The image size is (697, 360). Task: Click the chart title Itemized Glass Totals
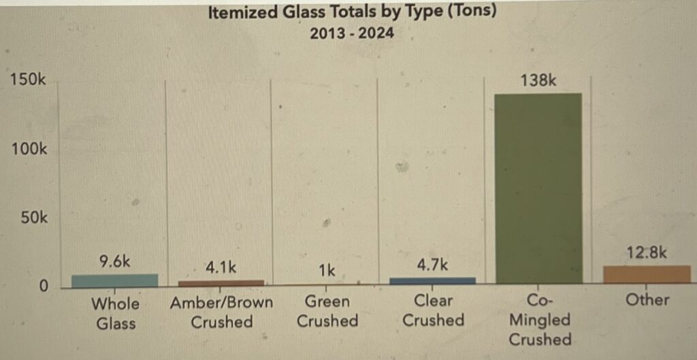tap(351, 12)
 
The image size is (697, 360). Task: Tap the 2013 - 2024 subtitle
tap(351, 33)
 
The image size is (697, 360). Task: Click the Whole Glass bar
tap(114, 280)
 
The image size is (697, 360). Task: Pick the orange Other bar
tap(647, 274)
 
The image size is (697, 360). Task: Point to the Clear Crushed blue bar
tap(433, 280)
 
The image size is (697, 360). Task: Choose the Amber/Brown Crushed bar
tap(221, 282)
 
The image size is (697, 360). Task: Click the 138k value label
tap(538, 80)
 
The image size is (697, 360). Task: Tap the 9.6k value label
tap(114, 261)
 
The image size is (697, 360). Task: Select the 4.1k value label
tap(221, 267)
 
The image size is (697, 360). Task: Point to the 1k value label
tap(327, 271)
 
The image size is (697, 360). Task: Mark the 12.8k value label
tap(647, 252)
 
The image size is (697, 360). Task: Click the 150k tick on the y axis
tap(29, 80)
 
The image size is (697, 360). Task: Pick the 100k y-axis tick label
tap(29, 148)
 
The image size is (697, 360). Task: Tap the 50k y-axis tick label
tap(33, 218)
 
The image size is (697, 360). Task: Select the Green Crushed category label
tap(327, 310)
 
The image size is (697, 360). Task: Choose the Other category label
tap(647, 299)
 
